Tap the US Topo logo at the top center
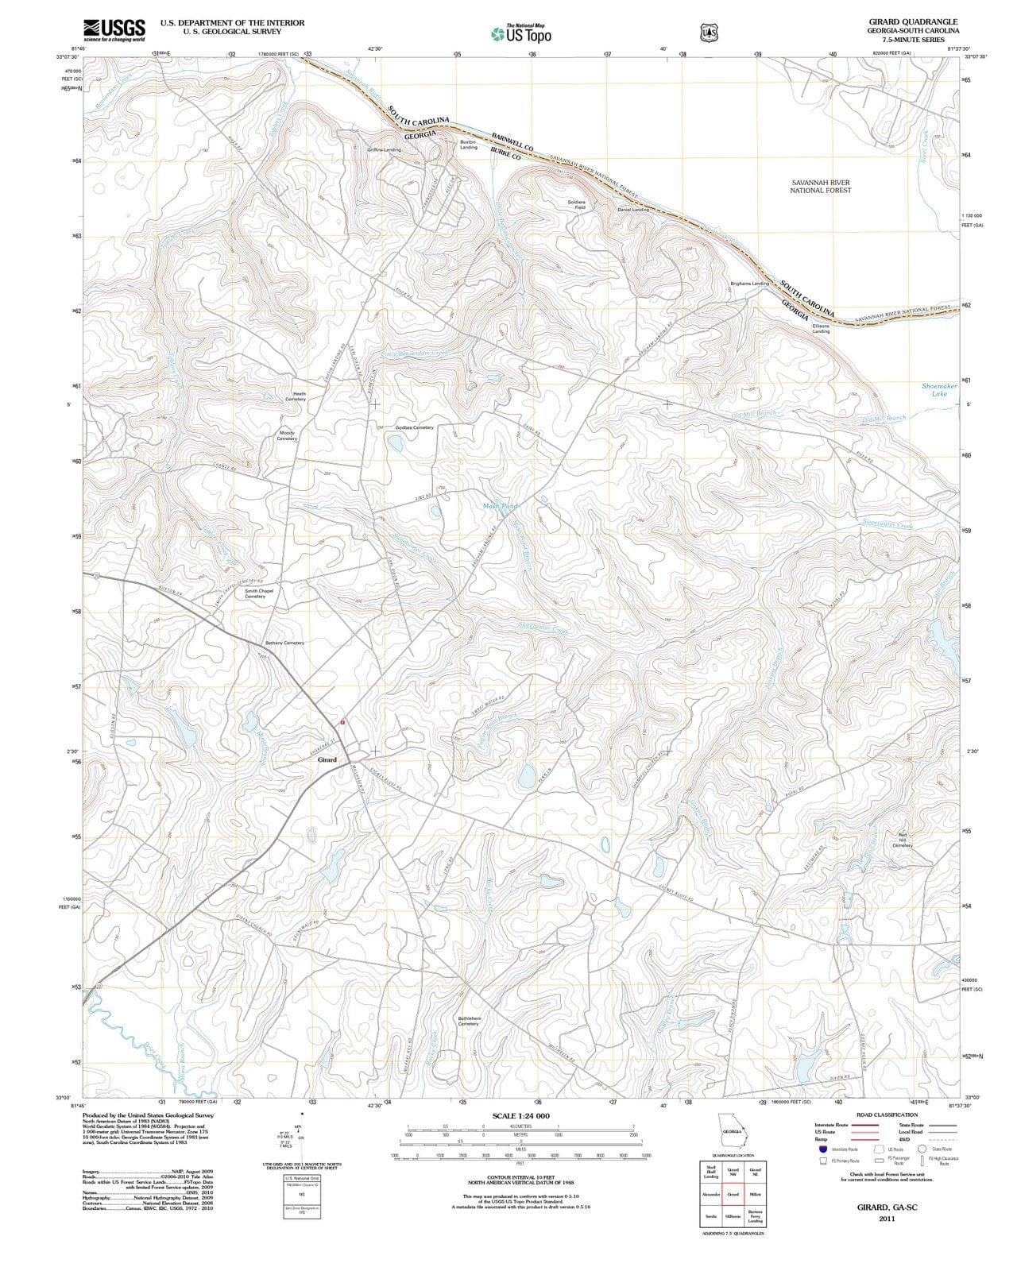point(521,33)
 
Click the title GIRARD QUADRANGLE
point(913,21)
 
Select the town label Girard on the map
point(327,759)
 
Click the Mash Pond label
point(500,505)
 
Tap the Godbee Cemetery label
point(415,427)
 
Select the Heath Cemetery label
point(296,396)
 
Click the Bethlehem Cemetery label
point(469,1021)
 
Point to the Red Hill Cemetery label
point(902,840)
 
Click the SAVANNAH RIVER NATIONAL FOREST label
point(820,186)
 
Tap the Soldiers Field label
point(577,204)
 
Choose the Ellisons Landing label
point(821,328)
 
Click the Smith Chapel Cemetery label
point(259,593)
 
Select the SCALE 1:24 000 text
point(520,1115)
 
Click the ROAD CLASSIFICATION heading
point(887,1115)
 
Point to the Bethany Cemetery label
point(284,642)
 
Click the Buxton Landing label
point(469,145)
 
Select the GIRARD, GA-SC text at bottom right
point(887,1206)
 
